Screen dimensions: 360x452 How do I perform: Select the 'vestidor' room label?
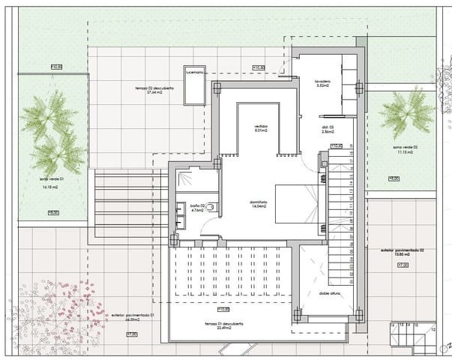pyautogui.click(x=260, y=125)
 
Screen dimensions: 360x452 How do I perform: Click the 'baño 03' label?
pyautogui.click(x=197, y=205)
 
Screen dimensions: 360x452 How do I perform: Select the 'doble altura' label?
pyautogui.click(x=330, y=293)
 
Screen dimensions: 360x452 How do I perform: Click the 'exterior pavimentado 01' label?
pyautogui.click(x=125, y=317)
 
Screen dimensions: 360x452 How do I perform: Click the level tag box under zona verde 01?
pyautogui.click(x=53, y=213)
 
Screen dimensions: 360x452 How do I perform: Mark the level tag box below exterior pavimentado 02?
pyautogui.click(x=402, y=265)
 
